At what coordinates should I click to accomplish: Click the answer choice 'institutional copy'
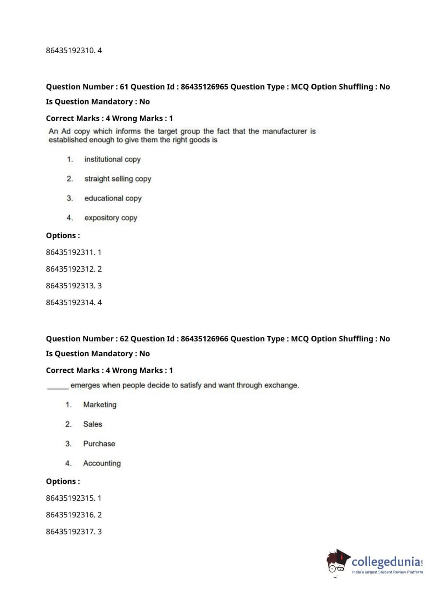[x=112, y=159]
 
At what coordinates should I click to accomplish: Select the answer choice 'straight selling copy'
[x=118, y=179]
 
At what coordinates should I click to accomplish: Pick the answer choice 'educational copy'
[x=113, y=198]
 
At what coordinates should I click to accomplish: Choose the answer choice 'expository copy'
[x=111, y=218]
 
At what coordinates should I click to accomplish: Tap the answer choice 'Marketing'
[x=100, y=405]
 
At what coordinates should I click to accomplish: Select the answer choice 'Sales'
[x=93, y=424]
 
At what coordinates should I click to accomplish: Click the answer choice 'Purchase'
[x=99, y=444]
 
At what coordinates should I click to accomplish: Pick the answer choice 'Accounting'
[x=102, y=463]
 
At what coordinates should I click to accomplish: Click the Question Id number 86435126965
[x=204, y=87]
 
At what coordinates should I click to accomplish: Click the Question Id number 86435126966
[x=204, y=339]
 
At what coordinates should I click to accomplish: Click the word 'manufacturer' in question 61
[x=285, y=131]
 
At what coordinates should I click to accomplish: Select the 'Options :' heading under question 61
[x=63, y=236]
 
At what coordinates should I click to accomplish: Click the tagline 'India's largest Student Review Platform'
[x=387, y=572]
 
